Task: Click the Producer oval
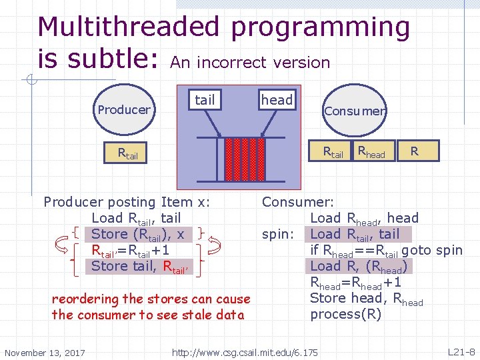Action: pos(124,109)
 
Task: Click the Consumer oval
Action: pos(354,111)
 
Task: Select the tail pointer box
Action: pos(205,100)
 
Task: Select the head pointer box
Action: pos(277,100)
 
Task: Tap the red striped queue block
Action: pos(245,163)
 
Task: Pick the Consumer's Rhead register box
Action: pos(371,151)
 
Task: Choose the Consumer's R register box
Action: pos(415,151)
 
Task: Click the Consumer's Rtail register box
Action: pos(333,151)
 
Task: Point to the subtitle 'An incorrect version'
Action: pos(250,63)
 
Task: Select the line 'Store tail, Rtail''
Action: pos(140,266)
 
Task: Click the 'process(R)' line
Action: pos(345,314)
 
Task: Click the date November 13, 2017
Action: pos(45,352)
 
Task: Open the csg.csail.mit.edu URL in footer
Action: pos(245,351)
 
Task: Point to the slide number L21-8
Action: pos(461,351)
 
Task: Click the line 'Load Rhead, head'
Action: pos(364,218)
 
